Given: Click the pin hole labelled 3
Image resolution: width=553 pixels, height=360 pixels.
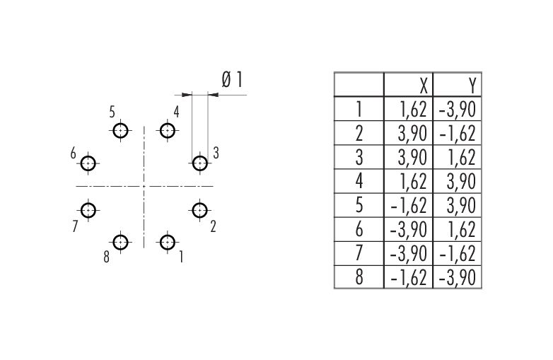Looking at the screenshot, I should pos(200,164).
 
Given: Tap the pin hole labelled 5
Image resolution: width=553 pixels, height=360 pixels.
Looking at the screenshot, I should pos(121,131).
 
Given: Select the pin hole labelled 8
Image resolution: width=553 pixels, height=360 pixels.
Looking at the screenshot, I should pos(121,243).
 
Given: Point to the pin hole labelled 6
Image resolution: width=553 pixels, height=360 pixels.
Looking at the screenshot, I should pos(88,164).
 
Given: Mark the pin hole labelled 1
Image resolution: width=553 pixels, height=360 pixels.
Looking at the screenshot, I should pos(168,243).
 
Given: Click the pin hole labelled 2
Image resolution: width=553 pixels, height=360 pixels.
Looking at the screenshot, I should pos(200,210).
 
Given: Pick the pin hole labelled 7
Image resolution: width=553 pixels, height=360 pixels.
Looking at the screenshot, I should pos(88,210).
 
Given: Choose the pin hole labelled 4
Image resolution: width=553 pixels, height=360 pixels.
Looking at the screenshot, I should pos(168,131).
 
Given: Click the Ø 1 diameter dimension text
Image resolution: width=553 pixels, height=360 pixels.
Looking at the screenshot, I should pos(233,81).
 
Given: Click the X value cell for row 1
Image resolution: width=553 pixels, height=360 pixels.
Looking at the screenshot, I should pos(408,108).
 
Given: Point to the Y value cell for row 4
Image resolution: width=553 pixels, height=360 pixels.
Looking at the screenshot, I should pos(457,180).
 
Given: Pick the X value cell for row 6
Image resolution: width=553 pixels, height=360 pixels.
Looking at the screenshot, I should pos(408,228).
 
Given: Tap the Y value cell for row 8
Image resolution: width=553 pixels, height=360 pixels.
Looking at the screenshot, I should pos(457,277).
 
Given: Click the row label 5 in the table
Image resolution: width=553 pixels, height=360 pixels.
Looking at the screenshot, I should pos(359,204).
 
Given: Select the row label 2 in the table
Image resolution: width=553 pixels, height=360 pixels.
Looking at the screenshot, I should pos(359,132).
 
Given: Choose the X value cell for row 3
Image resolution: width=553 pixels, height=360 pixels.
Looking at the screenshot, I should pos(408,156).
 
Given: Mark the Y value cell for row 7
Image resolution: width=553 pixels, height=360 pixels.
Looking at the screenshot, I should pos(457,252).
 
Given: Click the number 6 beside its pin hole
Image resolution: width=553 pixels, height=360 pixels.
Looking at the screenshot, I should pos(73,153).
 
